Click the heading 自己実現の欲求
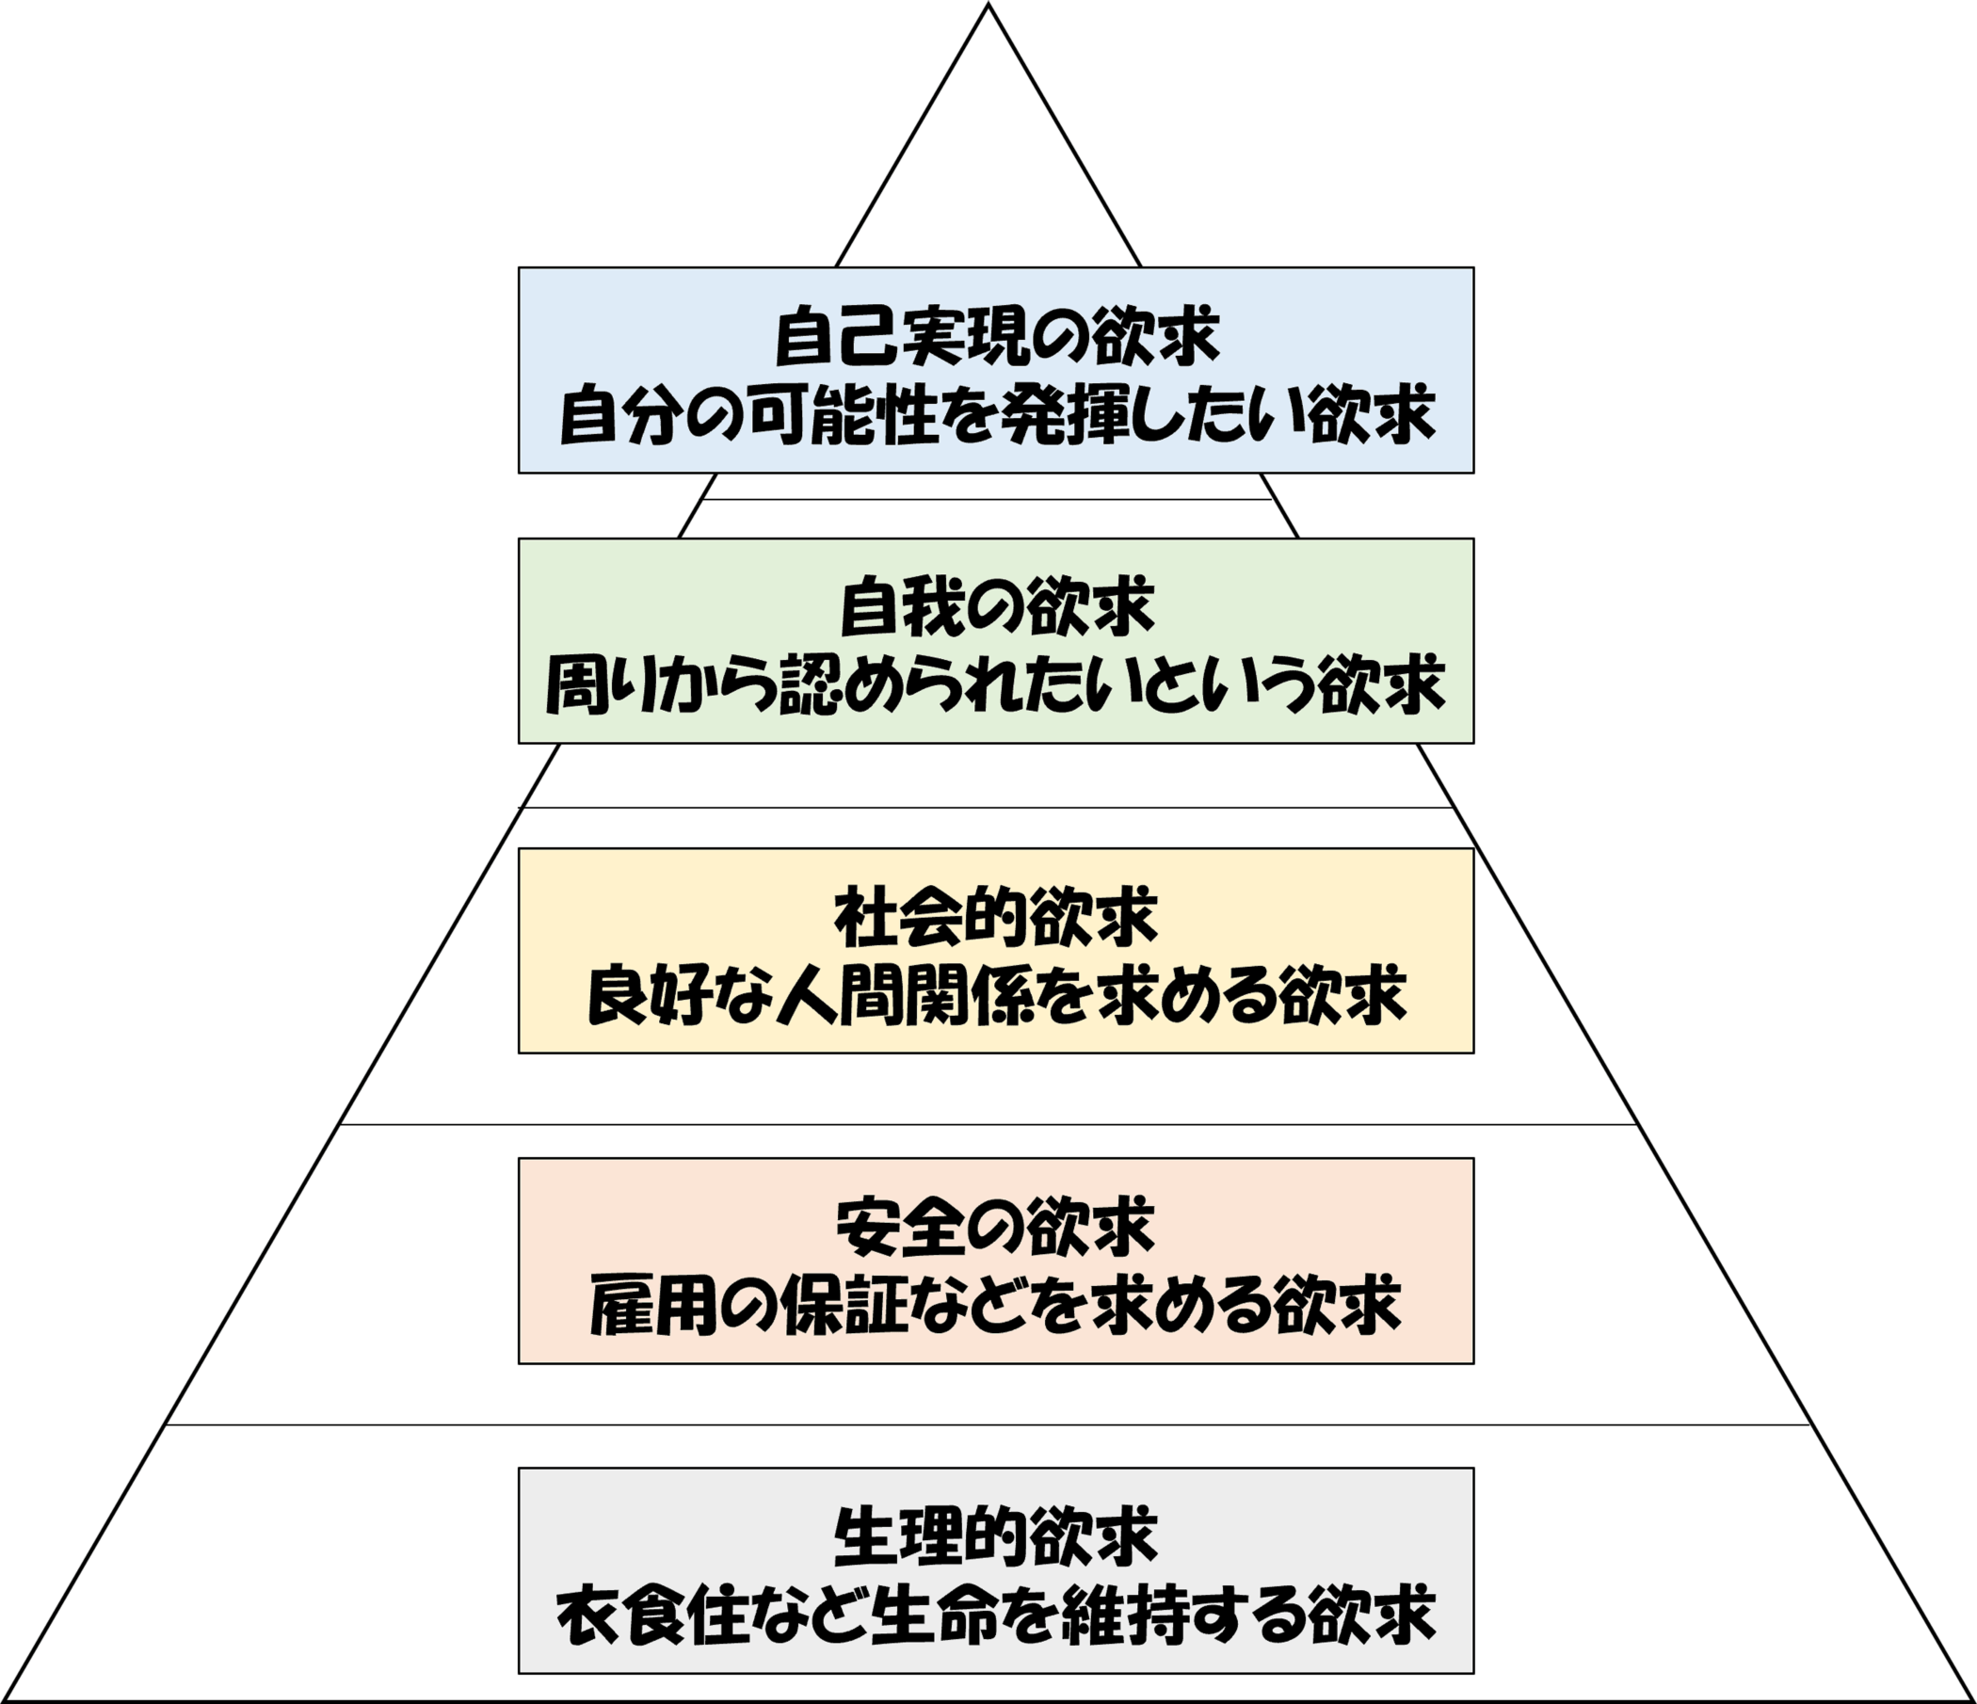pyautogui.click(x=996, y=336)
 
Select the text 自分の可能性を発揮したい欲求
pyautogui.click(x=996, y=416)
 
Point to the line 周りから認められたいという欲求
pyautogui.click(x=996, y=685)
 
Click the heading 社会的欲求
pyautogui.click(x=996, y=917)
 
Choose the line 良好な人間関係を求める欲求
pyautogui.click(x=996, y=996)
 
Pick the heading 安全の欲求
pyautogui.click(x=996, y=1227)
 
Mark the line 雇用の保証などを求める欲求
pyautogui.click(x=996, y=1305)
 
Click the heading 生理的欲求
pyautogui.click(x=996, y=1536)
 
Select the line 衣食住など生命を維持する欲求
pyautogui.click(x=996, y=1615)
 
